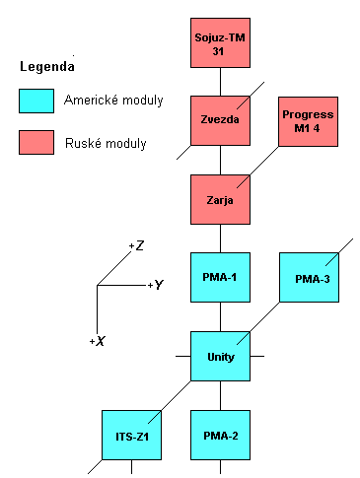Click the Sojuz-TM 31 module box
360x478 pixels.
(x=220, y=44)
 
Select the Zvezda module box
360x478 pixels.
(x=220, y=121)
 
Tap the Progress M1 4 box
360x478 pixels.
(x=308, y=126)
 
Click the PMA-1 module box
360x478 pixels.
(x=220, y=278)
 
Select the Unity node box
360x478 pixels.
(x=220, y=355)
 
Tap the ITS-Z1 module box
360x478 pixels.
(x=130, y=434)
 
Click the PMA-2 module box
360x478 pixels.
(x=220, y=435)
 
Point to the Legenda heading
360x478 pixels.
(x=48, y=67)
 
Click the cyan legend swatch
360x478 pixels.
(x=36, y=101)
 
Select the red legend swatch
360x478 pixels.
(x=36, y=143)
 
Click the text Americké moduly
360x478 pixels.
(x=112, y=101)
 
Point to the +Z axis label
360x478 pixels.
(x=137, y=245)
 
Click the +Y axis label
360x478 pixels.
(x=154, y=285)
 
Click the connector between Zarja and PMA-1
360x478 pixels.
(x=220, y=238)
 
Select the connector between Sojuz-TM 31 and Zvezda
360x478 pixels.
(x=220, y=83)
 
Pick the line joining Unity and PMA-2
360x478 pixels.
(x=220, y=394)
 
